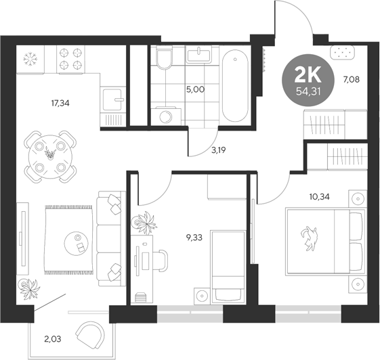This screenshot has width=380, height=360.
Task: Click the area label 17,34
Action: click(62, 104)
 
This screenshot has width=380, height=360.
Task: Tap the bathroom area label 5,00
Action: click(196, 89)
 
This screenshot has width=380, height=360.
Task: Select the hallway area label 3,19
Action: click(218, 150)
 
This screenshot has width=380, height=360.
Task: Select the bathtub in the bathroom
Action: click(234, 86)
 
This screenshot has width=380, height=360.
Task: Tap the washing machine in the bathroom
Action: click(164, 116)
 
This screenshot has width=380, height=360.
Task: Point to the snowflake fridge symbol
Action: click(29, 58)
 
